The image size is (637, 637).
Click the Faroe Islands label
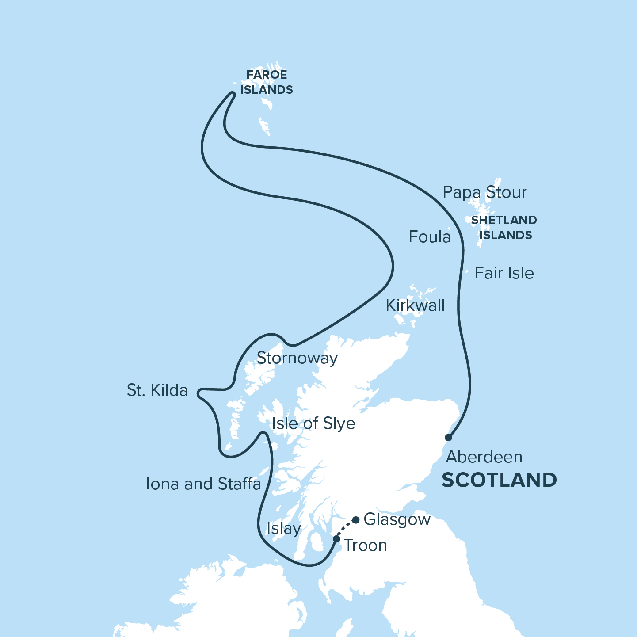click(267, 82)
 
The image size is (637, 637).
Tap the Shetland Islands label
click(504, 228)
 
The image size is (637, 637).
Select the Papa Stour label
click(484, 192)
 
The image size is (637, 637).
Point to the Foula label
click(429, 237)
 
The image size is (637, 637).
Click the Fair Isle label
click(504, 273)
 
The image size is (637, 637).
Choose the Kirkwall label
click(415, 305)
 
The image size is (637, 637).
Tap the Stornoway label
click(297, 358)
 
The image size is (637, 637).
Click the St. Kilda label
click(157, 390)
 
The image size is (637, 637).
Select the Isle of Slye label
click(313, 423)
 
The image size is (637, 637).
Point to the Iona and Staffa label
click(203, 484)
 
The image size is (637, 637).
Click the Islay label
click(284, 528)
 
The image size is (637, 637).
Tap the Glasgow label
click(397, 519)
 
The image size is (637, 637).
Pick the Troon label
click(366, 545)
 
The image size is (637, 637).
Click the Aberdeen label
click(484, 457)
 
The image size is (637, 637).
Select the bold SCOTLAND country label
click(499, 480)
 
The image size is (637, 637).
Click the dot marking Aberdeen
click(448, 438)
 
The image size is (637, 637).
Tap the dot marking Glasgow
click(355, 520)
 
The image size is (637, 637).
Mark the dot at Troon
click(336, 539)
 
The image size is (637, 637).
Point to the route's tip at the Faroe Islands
click(232, 93)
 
